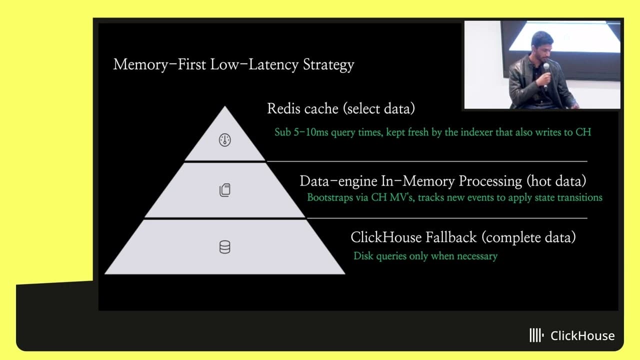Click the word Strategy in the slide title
[x=328, y=65]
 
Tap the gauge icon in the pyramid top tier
[x=225, y=140]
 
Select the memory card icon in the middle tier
[x=225, y=190]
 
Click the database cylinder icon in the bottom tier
[x=225, y=247]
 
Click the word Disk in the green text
[x=363, y=256]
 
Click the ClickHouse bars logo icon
[x=536, y=335]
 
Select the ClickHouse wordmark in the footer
[x=582, y=335]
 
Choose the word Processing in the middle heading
[x=491, y=180]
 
